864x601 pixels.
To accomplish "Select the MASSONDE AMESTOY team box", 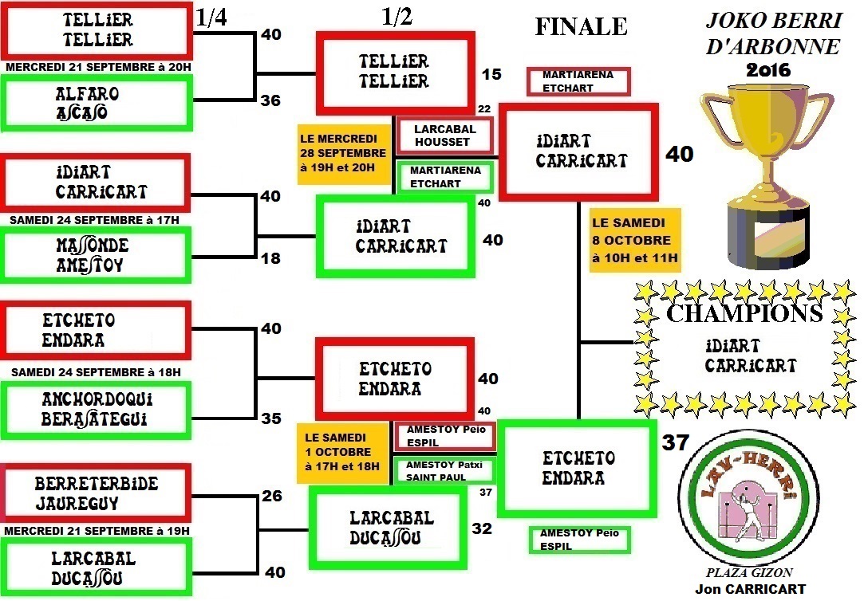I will [x=96, y=254].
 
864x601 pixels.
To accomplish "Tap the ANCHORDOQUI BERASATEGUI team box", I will [x=96, y=409].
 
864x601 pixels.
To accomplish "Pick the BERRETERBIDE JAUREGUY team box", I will [x=96, y=493].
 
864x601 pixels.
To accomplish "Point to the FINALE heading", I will [x=581, y=26].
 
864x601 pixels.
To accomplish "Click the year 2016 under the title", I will [x=768, y=70].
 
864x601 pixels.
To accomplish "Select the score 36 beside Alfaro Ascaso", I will [x=271, y=100].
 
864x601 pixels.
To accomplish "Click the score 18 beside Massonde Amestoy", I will [x=271, y=257].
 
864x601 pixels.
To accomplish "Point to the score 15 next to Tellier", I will [x=492, y=74].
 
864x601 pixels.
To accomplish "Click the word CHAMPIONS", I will [x=744, y=313].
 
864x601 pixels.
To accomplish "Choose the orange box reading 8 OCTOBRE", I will [x=635, y=241].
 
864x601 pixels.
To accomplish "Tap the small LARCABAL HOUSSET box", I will [x=444, y=136].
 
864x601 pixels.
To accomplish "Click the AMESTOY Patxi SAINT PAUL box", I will [x=444, y=471].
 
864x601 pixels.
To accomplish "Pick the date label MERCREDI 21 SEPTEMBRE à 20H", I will [x=99, y=68].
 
